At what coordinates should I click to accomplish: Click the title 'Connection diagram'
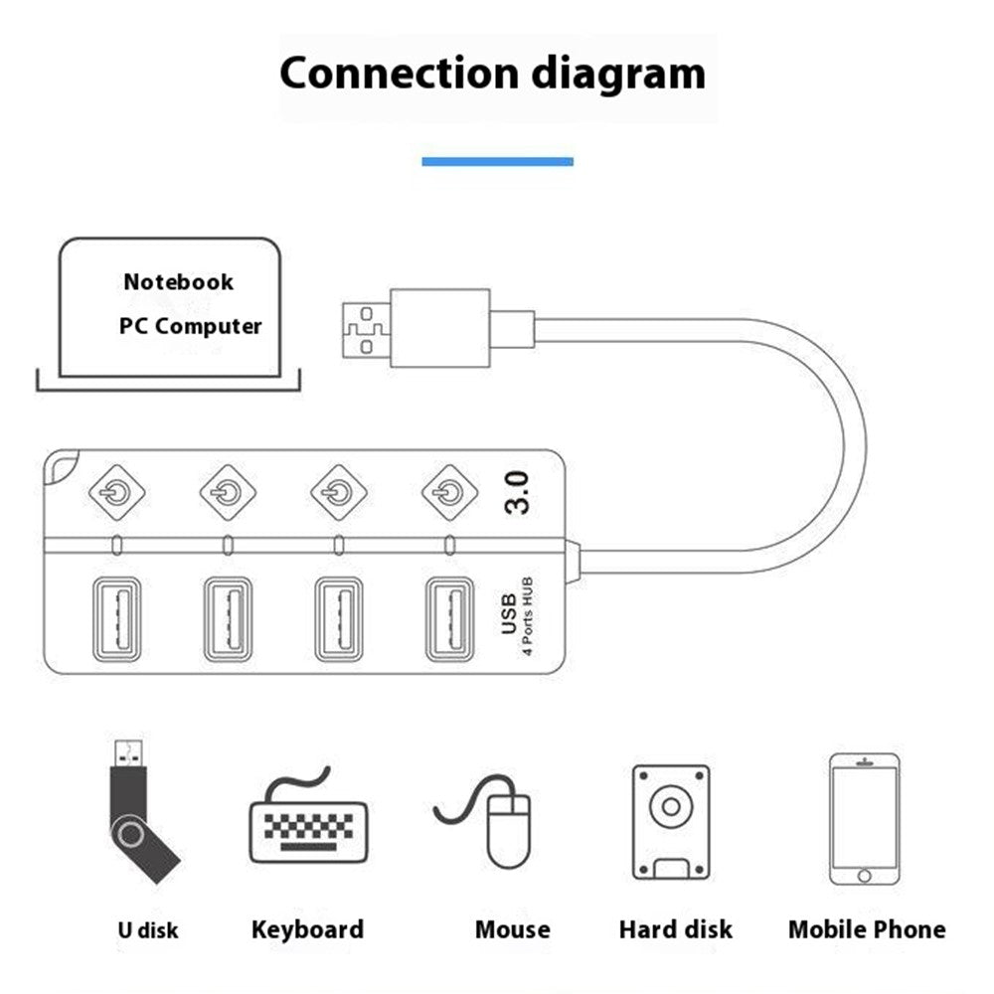(x=492, y=74)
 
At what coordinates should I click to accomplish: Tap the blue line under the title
(x=497, y=161)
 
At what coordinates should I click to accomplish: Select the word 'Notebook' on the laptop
(x=179, y=282)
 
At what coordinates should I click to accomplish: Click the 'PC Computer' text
(x=191, y=326)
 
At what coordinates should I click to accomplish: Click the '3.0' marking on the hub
(x=517, y=492)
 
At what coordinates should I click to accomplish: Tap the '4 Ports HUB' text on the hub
(x=528, y=617)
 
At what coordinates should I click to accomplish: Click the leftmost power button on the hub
(x=118, y=490)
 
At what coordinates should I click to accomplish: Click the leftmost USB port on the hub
(x=118, y=618)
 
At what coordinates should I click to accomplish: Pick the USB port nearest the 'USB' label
(x=450, y=618)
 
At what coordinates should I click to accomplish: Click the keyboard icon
(x=307, y=825)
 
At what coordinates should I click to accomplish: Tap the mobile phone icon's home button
(x=864, y=876)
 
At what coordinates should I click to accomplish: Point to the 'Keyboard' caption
(x=307, y=930)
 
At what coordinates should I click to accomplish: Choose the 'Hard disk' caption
(x=675, y=930)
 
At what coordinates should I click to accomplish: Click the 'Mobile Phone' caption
(x=867, y=930)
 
